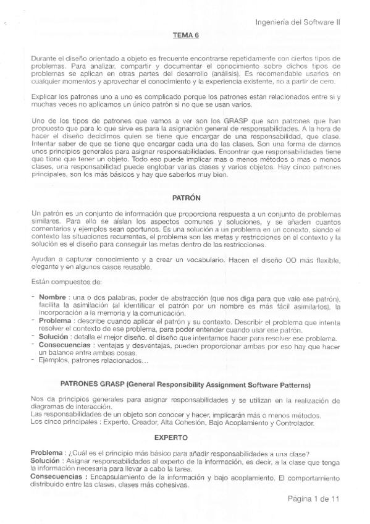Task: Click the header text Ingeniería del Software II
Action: pyautogui.click(x=301, y=22)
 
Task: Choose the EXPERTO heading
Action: pyautogui.click(x=185, y=437)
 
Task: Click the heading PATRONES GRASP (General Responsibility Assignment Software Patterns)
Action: pyautogui.click(x=185, y=384)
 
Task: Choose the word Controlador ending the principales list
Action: pyautogui.click(x=293, y=423)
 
